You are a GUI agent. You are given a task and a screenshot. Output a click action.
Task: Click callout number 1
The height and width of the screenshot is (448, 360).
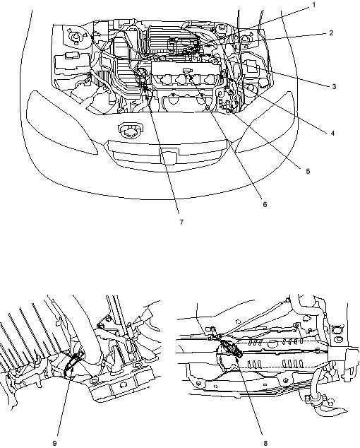pyautogui.click(x=313, y=5)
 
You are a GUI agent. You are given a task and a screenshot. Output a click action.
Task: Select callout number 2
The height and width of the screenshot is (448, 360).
pyautogui.click(x=331, y=33)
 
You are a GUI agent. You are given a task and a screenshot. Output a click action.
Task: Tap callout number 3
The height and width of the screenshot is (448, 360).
pyautogui.click(x=334, y=86)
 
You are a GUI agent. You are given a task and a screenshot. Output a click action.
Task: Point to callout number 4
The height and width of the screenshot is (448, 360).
pyautogui.click(x=332, y=133)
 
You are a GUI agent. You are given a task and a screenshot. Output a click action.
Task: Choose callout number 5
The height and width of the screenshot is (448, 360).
pyautogui.click(x=308, y=171)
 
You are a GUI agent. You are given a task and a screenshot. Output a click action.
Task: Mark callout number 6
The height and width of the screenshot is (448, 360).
pyautogui.click(x=265, y=204)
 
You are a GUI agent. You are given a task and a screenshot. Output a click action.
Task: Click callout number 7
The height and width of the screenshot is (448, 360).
pyautogui.click(x=181, y=222)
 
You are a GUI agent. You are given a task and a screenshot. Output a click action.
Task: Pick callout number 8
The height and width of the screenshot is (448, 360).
pyautogui.click(x=265, y=443)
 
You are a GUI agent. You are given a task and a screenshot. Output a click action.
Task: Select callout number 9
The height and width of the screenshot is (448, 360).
pyautogui.click(x=55, y=443)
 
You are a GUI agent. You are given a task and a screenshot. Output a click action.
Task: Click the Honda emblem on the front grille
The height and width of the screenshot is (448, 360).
pyautogui.click(x=169, y=156)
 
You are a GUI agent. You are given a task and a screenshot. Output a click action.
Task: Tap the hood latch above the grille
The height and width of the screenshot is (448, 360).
pyautogui.click(x=129, y=130)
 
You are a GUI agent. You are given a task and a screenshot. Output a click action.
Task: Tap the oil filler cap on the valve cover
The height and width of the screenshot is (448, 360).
pyautogui.click(x=186, y=70)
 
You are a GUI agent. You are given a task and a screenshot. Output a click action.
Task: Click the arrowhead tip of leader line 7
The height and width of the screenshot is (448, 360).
pyautogui.click(x=146, y=96)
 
